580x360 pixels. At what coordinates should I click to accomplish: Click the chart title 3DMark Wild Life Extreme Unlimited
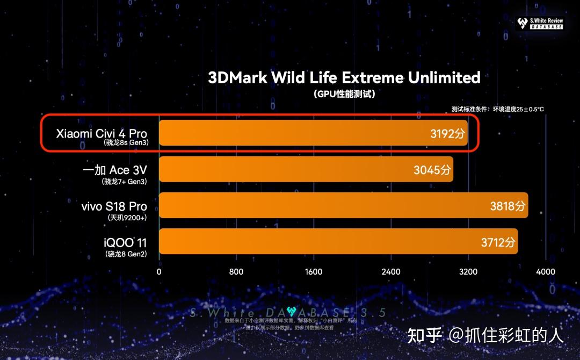coord(344,77)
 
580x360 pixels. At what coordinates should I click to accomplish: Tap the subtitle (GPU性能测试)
coord(344,94)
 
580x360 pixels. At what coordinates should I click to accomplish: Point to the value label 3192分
coord(447,134)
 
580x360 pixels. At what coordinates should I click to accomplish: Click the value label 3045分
coord(432,170)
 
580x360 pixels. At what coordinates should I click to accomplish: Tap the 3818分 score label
coord(508,206)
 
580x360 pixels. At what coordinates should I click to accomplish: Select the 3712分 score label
coord(498,242)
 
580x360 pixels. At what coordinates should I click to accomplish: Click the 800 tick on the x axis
coord(236,272)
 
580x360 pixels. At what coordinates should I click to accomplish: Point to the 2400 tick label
coord(391,272)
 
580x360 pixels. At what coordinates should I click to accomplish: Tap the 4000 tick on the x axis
coord(546,272)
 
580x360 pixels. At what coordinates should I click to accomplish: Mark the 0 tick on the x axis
coord(159,272)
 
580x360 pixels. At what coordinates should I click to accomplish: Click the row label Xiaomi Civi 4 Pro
coord(102,133)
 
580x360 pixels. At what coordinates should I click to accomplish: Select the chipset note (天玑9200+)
coord(127,218)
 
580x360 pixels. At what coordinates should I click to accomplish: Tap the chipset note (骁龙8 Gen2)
coord(126,254)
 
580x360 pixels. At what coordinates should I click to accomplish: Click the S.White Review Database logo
coord(540,23)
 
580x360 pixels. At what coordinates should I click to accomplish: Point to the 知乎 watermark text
coord(424,335)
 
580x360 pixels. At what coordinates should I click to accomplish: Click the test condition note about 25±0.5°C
coord(497,109)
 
